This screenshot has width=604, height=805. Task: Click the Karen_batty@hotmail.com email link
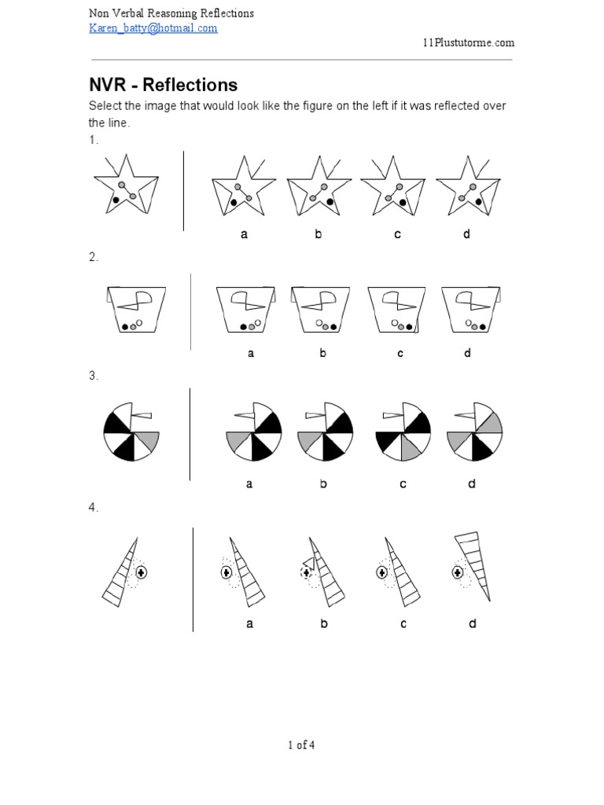153,28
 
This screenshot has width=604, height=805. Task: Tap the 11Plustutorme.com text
469,42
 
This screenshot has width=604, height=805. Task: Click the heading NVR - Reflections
164,85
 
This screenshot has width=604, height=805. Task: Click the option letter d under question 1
466,234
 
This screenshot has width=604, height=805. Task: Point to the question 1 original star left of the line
127,184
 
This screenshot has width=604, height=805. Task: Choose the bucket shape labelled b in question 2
321,310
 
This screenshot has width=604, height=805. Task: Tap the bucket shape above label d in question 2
471,310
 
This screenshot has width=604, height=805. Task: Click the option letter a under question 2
251,353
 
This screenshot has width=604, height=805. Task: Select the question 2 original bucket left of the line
136,309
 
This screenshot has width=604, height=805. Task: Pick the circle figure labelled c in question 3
403,431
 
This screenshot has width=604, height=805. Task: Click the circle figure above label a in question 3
254,431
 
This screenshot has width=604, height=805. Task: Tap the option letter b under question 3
323,483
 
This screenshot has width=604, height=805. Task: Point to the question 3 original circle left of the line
131,432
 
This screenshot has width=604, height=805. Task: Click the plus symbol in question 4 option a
226,572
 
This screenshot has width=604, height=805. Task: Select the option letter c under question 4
403,623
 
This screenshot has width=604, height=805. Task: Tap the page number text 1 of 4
301,745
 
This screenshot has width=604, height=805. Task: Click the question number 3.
93,376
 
